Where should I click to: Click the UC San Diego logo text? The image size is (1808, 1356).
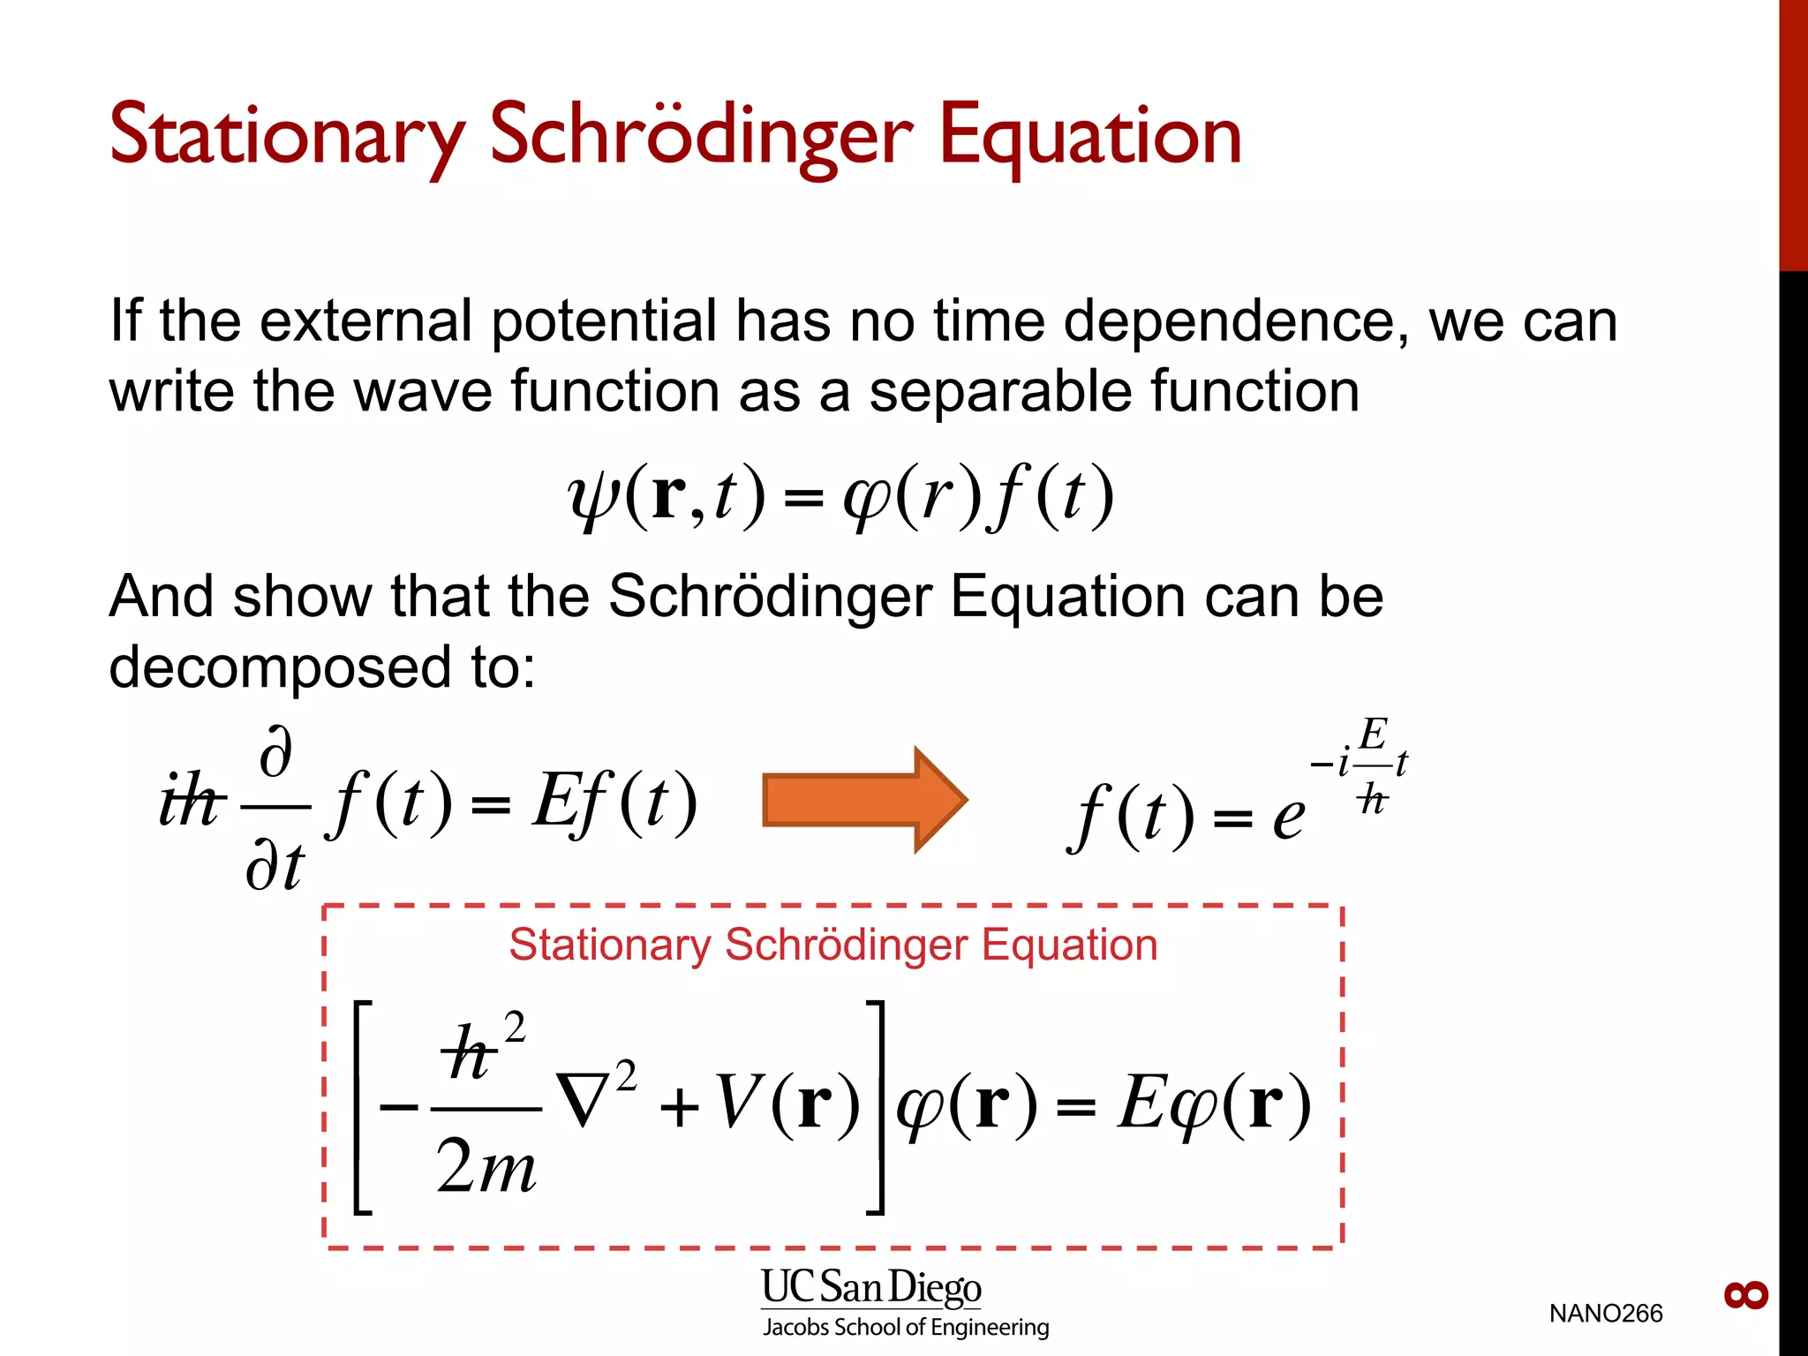click(x=871, y=1287)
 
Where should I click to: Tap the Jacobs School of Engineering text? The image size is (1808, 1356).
click(x=906, y=1328)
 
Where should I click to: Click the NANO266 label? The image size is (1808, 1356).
click(x=1605, y=1314)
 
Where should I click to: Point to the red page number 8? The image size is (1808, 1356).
click(x=1745, y=1295)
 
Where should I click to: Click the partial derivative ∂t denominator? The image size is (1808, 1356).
click(x=275, y=866)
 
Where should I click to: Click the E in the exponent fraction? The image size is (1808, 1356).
click(x=1373, y=734)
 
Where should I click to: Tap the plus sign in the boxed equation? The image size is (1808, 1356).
click(x=680, y=1107)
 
